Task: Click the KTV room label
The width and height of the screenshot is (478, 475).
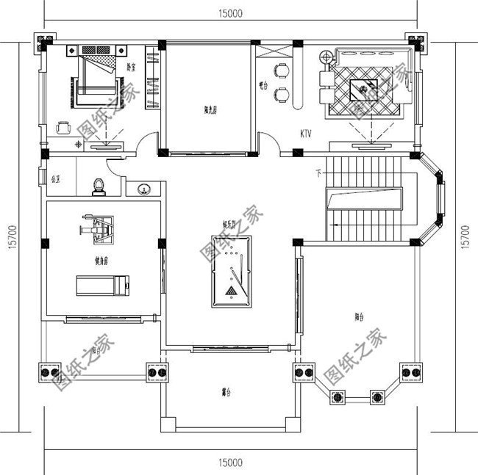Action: (x=307, y=134)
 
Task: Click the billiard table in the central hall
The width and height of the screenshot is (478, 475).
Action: (x=230, y=269)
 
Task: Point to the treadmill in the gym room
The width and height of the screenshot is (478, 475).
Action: (x=103, y=283)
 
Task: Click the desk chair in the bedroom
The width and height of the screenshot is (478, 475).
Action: (x=63, y=126)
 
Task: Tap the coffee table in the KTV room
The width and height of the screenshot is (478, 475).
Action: (x=367, y=92)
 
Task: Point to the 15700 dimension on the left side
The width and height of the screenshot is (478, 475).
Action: (x=13, y=236)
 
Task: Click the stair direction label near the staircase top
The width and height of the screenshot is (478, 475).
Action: (x=318, y=173)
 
